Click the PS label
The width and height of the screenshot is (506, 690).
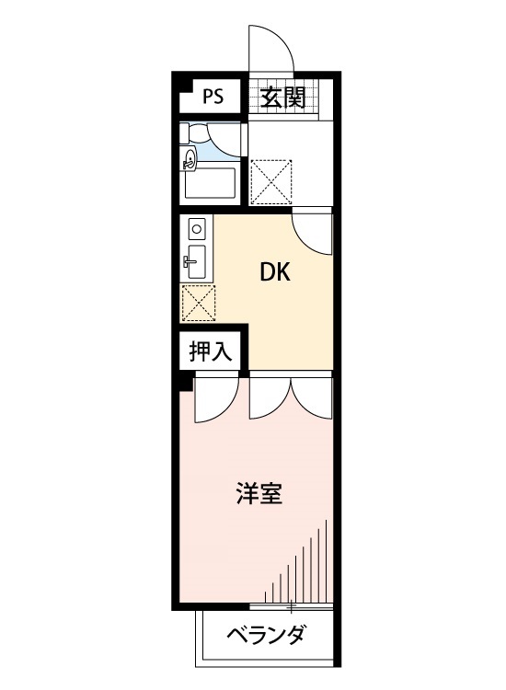pyautogui.click(x=213, y=95)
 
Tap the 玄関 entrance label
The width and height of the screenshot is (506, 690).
pyautogui.click(x=282, y=97)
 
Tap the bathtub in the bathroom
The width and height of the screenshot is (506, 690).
pyautogui.click(x=211, y=182)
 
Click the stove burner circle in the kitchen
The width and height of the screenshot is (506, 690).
pyautogui.click(x=197, y=226)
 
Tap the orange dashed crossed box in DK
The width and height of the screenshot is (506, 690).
pyautogui.click(x=198, y=300)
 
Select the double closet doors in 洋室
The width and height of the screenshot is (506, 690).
pyautogui.click(x=290, y=397)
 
